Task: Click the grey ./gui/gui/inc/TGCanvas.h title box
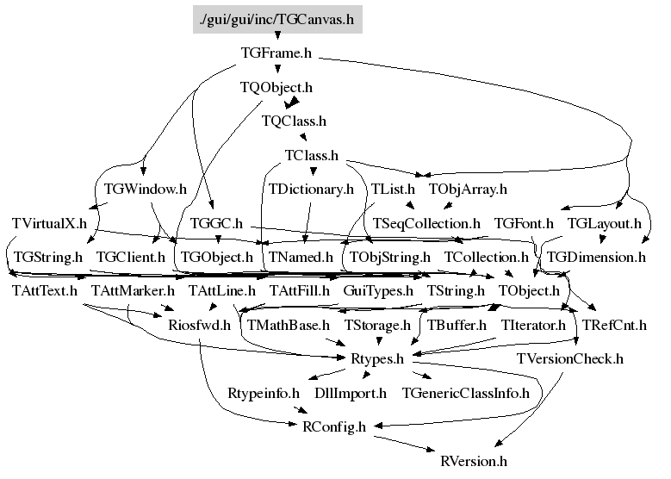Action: (x=277, y=19)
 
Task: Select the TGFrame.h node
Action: (x=276, y=53)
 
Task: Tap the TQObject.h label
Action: (x=276, y=87)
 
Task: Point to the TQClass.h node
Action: (x=294, y=121)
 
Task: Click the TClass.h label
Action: (x=312, y=155)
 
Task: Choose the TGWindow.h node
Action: (x=146, y=189)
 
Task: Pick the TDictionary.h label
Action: (x=311, y=189)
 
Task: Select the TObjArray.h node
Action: (x=468, y=189)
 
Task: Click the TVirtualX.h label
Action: (x=49, y=223)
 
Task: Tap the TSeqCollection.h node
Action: (x=426, y=223)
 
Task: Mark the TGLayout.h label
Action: (x=604, y=223)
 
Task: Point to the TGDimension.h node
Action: (x=597, y=257)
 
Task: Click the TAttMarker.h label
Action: (x=134, y=290)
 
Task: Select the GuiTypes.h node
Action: (x=378, y=290)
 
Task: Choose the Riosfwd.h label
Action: (x=200, y=325)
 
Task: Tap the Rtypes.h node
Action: (x=377, y=358)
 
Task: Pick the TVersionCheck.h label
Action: (x=570, y=358)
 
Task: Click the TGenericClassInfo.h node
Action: (x=466, y=393)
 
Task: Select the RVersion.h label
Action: (x=474, y=461)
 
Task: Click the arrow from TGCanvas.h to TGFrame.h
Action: (x=277, y=36)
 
